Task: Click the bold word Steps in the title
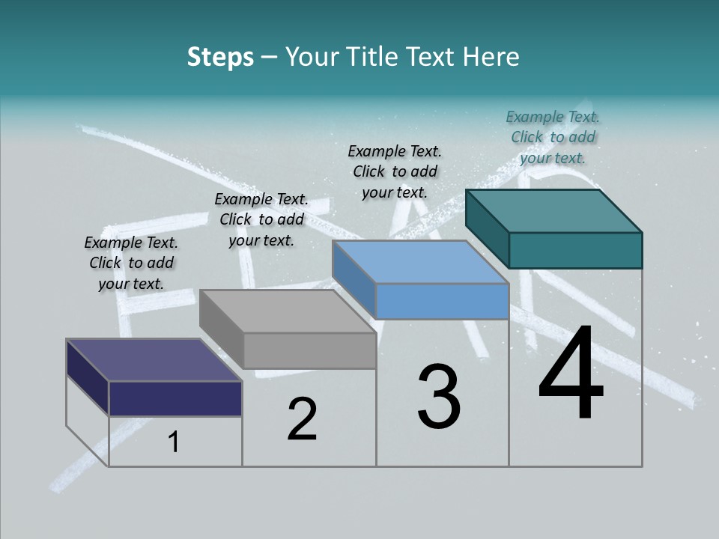(x=220, y=57)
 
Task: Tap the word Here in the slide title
(x=492, y=57)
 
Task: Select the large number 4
(x=571, y=374)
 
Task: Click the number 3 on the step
(x=439, y=397)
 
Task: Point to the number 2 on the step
(x=302, y=419)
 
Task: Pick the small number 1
(x=173, y=442)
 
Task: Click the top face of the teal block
(x=553, y=210)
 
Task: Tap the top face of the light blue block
(x=419, y=262)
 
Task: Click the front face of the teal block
(x=575, y=250)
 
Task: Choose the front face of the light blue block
(x=442, y=301)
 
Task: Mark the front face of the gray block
(x=309, y=350)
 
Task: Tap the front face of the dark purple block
(x=175, y=398)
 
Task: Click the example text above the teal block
(x=553, y=137)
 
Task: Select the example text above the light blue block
(x=395, y=171)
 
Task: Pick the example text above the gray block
(x=261, y=219)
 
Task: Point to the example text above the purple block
(x=131, y=263)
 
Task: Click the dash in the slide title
(x=270, y=58)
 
